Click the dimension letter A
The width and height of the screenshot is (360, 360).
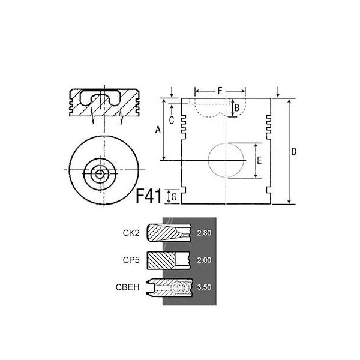(x=158, y=130)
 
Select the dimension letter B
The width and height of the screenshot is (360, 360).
(x=237, y=107)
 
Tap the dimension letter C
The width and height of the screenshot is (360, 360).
(x=172, y=121)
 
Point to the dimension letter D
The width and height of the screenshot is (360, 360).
(x=293, y=152)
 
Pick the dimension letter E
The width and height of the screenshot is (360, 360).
(x=259, y=160)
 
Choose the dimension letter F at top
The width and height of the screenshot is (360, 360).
(x=220, y=91)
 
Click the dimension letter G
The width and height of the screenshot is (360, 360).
(x=174, y=197)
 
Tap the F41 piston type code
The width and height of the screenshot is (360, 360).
(x=149, y=196)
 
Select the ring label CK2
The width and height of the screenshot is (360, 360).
(x=131, y=233)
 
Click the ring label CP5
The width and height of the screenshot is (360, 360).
(x=131, y=260)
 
